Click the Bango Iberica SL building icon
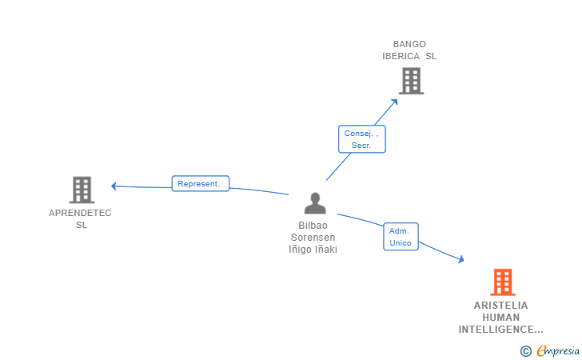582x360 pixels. pyautogui.click(x=410, y=81)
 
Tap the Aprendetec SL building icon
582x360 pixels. pyautogui.click(x=82, y=190)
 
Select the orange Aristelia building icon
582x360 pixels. pyautogui.click(x=502, y=282)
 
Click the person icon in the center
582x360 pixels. pyautogui.click(x=315, y=203)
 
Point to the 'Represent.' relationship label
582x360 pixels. pyautogui.click(x=200, y=183)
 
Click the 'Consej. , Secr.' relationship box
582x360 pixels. pyautogui.click(x=361, y=139)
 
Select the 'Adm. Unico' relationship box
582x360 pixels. pyautogui.click(x=401, y=236)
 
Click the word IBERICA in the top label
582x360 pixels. pyautogui.click(x=403, y=56)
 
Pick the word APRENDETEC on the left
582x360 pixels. pyautogui.click(x=80, y=213)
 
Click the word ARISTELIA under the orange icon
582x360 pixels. pyautogui.click(x=500, y=306)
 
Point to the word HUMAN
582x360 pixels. pyautogui.click(x=500, y=318)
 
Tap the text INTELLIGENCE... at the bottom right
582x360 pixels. pyautogui.click(x=500, y=330)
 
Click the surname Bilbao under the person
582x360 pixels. pyautogui.click(x=313, y=226)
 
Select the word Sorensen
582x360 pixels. pyautogui.click(x=313, y=238)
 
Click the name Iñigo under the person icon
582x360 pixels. pyautogui.click(x=301, y=250)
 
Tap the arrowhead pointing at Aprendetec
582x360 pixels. pyautogui.click(x=114, y=186)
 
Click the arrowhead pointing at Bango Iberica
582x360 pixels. pyautogui.click(x=395, y=101)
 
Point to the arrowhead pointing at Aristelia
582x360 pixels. pyautogui.click(x=460, y=259)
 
